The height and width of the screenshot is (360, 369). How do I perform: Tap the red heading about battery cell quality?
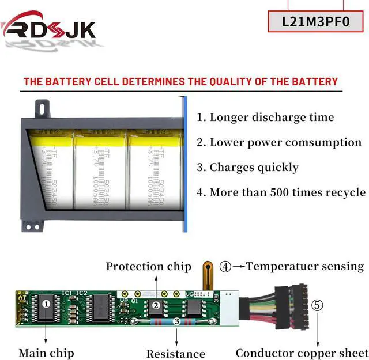point(180,81)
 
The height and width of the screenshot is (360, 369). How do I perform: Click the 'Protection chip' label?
point(149,266)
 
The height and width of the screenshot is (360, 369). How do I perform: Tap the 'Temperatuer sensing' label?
point(305,266)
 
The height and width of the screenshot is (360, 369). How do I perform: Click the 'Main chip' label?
point(46,353)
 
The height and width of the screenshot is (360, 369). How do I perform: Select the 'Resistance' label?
point(176,354)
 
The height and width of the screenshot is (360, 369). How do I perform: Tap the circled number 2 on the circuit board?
point(156,305)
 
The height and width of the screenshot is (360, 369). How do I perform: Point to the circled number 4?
point(225,267)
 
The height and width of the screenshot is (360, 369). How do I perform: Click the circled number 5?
point(317,305)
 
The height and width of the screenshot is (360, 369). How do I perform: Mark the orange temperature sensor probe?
point(206,277)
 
